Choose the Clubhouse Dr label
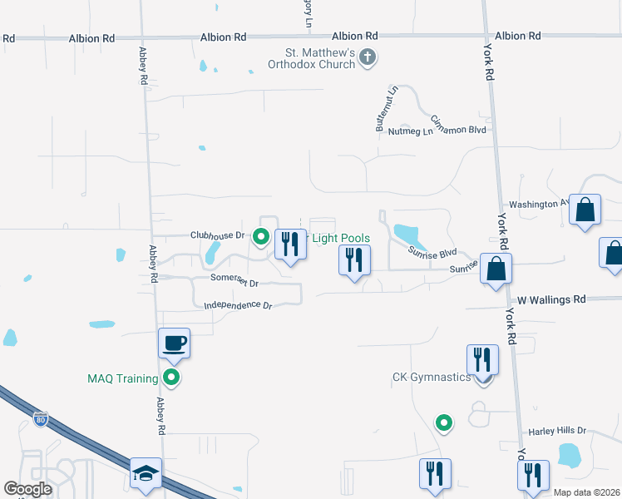[x=217, y=235]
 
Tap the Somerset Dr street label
[x=234, y=282]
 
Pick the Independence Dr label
[x=238, y=306]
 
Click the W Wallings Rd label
[x=551, y=299]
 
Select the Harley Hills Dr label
[x=558, y=432]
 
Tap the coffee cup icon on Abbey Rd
[x=175, y=343]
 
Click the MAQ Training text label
[x=122, y=379]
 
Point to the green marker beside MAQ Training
[x=172, y=379]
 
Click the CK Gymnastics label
[x=432, y=378]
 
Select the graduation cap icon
[x=146, y=473]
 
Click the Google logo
[x=27, y=489]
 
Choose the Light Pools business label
[x=340, y=239]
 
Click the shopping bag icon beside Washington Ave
[x=585, y=211]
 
